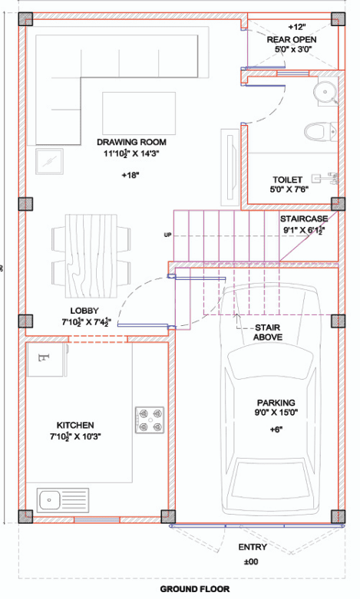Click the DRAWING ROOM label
(x=131, y=142)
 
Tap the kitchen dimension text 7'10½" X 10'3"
(x=75, y=437)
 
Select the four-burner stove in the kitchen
(x=149, y=420)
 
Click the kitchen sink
(x=50, y=499)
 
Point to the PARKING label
(x=276, y=403)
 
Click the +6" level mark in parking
(x=276, y=429)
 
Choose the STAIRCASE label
(x=303, y=219)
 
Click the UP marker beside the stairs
(x=167, y=235)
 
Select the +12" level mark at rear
(x=296, y=25)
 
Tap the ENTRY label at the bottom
(x=253, y=547)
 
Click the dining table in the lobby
(x=91, y=255)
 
